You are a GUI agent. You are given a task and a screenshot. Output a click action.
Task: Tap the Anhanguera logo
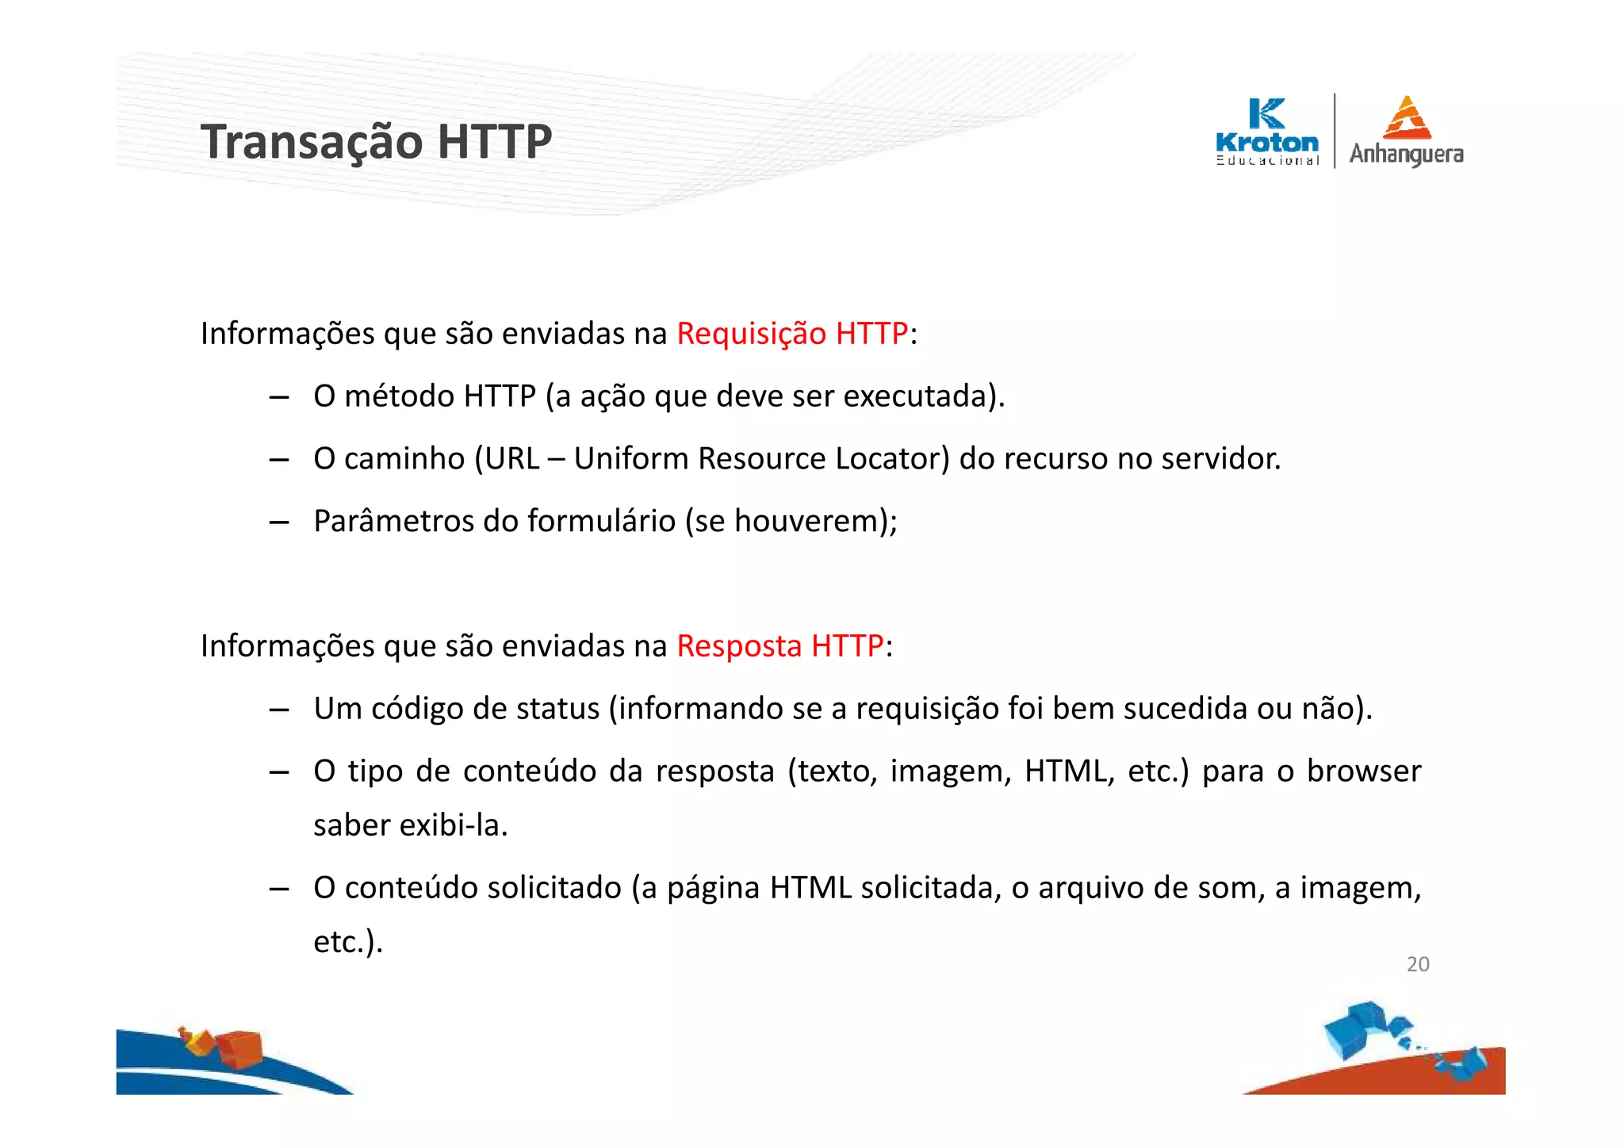[1406, 132]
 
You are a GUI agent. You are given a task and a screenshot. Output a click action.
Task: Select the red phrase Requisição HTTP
[791, 334]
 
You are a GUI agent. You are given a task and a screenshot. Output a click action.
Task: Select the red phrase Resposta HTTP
[779, 646]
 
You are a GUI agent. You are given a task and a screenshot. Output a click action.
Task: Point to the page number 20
[1418, 964]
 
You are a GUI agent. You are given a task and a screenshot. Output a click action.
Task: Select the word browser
[1364, 771]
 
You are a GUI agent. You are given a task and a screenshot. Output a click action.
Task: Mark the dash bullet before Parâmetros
[278, 522]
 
